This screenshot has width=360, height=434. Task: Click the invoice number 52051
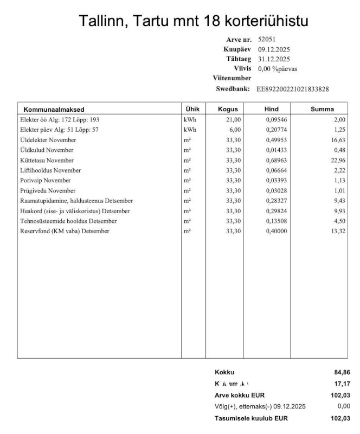(266, 40)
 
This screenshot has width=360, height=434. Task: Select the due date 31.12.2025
(274, 59)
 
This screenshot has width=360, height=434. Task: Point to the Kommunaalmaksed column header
(54, 110)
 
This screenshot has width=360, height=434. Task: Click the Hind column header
(271, 109)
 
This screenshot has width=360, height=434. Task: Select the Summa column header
(322, 109)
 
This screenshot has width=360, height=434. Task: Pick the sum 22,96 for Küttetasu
(338, 161)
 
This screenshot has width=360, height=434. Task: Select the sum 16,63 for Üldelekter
(338, 140)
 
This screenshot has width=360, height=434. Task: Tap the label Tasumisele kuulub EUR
(251, 418)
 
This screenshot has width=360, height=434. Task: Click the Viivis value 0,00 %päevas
(278, 69)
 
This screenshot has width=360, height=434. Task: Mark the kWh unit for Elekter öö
(190, 119)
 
